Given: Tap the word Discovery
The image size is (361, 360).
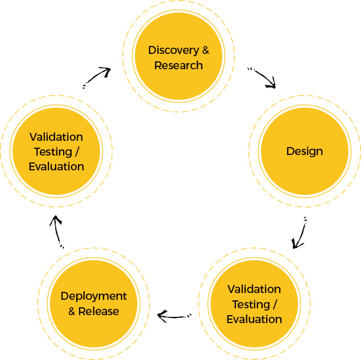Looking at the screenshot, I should click(173, 50).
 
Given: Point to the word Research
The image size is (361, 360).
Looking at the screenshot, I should click(179, 65).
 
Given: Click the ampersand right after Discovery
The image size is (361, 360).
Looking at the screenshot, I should click(205, 50).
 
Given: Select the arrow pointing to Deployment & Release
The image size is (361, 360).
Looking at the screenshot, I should click(177, 314).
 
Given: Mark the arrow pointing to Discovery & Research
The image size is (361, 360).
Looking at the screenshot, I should click(96, 77).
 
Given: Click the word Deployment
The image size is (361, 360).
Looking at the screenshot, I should click(94, 296).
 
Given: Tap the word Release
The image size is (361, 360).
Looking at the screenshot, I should click(99, 311).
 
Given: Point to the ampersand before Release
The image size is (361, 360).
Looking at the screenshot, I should click(72, 311).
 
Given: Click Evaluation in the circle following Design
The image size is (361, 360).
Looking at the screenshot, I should click(254, 319).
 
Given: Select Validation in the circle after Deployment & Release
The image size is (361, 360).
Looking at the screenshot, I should click(56, 137).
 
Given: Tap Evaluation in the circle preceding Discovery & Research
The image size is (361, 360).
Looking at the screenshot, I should click(56, 166).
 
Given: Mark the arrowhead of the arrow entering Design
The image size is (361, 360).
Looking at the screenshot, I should click(272, 85).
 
